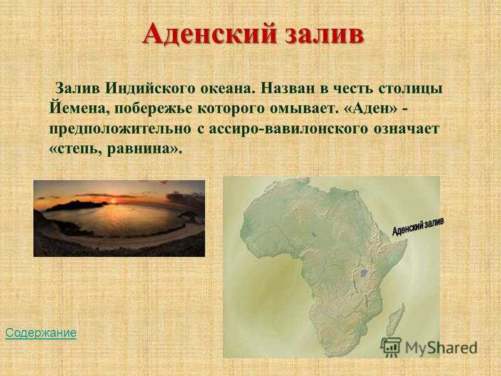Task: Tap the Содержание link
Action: (x=41, y=333)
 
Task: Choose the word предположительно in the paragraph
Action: (x=120, y=129)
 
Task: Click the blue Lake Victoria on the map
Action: (x=363, y=273)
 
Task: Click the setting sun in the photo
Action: (x=113, y=201)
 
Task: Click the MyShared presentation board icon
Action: (x=391, y=347)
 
